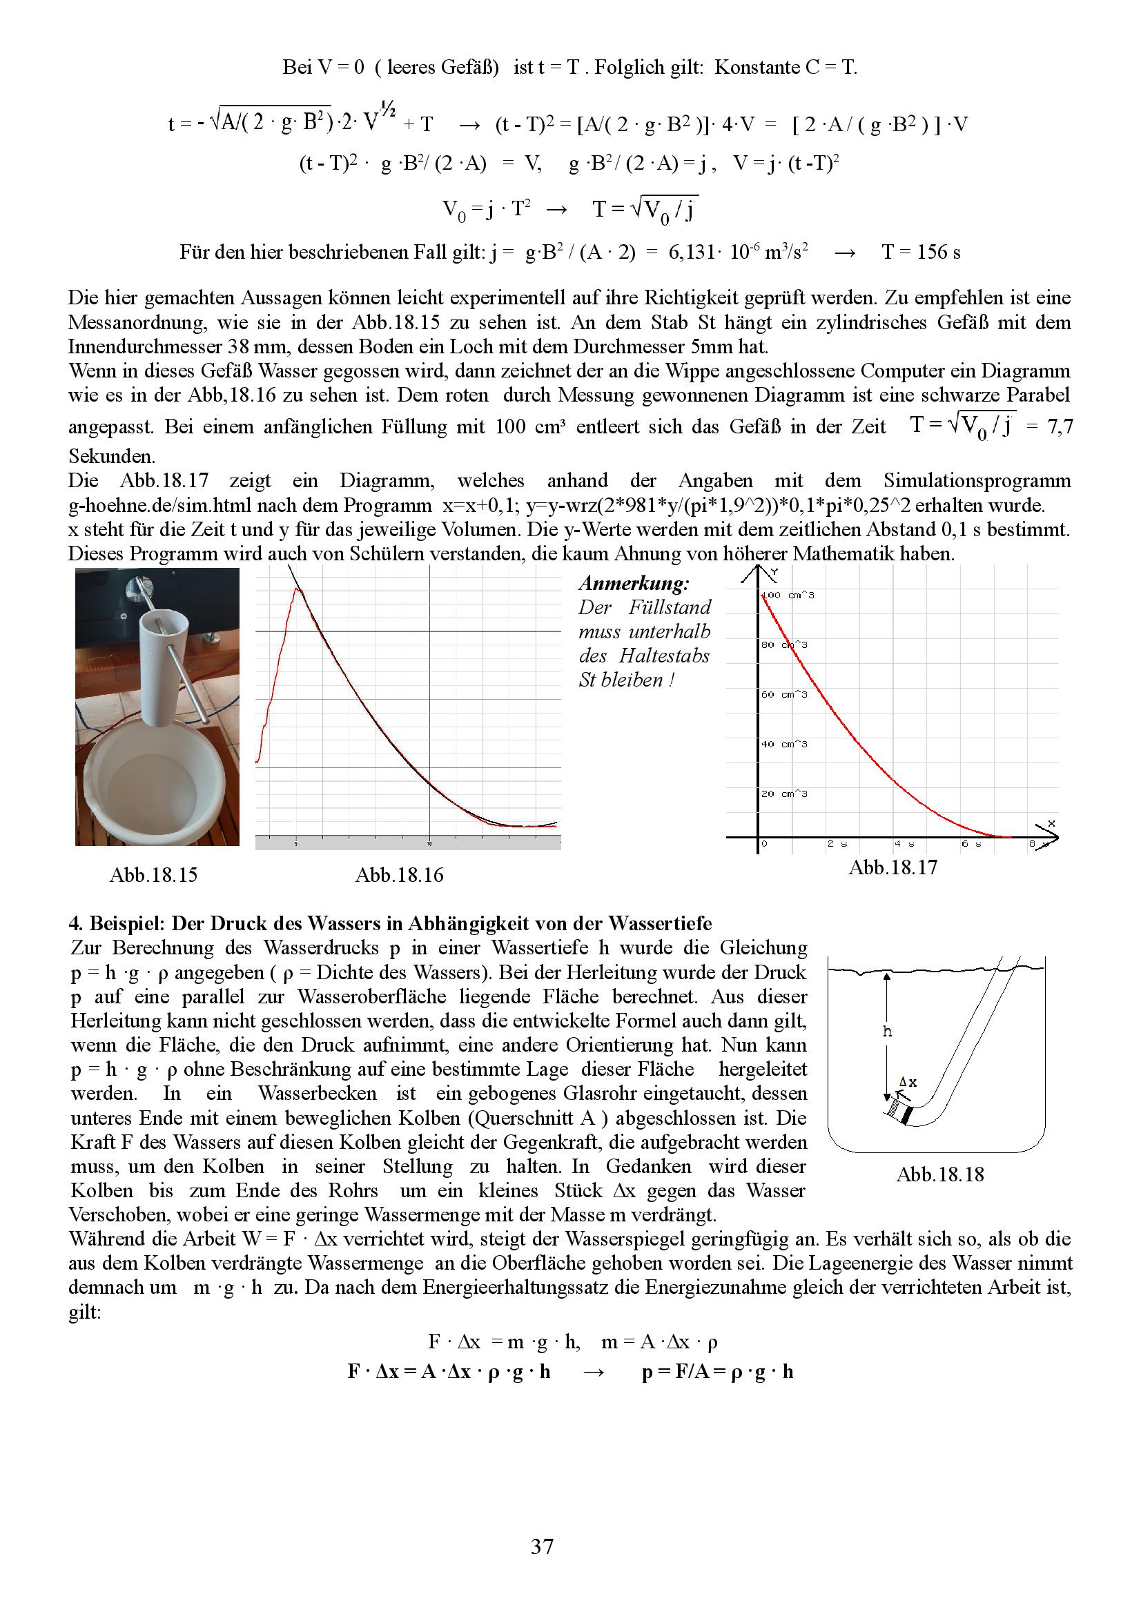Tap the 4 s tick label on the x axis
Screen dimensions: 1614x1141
902,843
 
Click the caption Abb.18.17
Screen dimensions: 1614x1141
893,867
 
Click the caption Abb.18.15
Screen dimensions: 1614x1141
153,875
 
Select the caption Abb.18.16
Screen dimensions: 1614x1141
399,875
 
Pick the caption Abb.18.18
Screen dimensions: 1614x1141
940,1174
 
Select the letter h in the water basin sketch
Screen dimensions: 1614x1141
887,1031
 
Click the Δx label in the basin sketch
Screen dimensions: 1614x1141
908,1083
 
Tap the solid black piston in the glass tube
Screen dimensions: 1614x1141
909,1115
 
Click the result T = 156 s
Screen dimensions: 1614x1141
921,252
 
